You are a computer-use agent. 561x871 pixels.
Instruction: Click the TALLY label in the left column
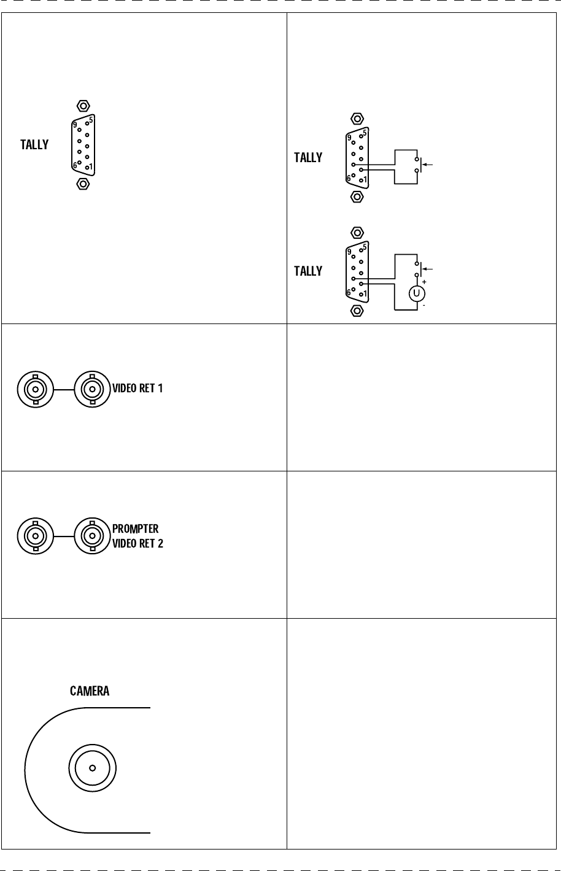(x=34, y=146)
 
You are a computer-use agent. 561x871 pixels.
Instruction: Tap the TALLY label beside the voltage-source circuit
(x=308, y=271)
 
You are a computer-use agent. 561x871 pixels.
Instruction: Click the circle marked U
(x=417, y=293)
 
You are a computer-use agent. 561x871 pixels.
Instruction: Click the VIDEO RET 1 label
(x=137, y=389)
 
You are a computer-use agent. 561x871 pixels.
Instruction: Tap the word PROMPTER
(x=135, y=529)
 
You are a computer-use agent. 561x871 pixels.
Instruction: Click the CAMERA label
(x=90, y=691)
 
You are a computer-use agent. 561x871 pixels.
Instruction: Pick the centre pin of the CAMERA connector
(x=92, y=767)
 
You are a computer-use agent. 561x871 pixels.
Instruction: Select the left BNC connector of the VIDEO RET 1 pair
(x=36, y=389)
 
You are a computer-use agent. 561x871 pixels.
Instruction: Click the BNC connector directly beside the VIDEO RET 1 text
(x=92, y=389)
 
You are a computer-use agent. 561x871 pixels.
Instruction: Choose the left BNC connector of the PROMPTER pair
(x=36, y=536)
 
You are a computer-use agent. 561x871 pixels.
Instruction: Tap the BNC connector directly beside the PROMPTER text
(x=92, y=536)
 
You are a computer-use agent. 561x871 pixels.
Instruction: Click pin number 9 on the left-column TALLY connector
(x=74, y=125)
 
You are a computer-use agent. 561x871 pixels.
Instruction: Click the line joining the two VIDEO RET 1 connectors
(x=64, y=389)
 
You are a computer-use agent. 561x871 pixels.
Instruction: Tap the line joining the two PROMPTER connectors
(x=64, y=536)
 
